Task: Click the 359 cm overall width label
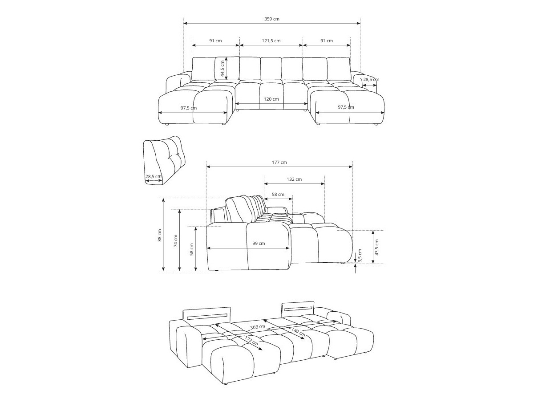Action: (x=271, y=19)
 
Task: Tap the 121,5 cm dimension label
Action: (x=271, y=41)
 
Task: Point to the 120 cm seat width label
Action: (x=271, y=99)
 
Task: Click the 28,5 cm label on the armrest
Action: (x=371, y=80)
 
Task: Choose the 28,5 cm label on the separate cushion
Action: (x=154, y=176)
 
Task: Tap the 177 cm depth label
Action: (x=279, y=162)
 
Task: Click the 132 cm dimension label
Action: (x=294, y=179)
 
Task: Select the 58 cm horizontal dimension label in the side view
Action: (x=278, y=194)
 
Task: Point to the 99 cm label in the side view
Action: (x=259, y=243)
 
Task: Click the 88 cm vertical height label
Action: (x=160, y=235)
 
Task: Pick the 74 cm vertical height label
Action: (x=176, y=240)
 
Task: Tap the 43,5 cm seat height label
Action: (x=376, y=247)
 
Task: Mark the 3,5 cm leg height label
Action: (x=360, y=255)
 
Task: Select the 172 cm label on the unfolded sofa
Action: (x=251, y=342)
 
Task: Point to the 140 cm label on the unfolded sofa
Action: (x=298, y=331)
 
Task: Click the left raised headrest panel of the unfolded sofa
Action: (x=206, y=314)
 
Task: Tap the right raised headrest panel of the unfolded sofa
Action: (x=298, y=308)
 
